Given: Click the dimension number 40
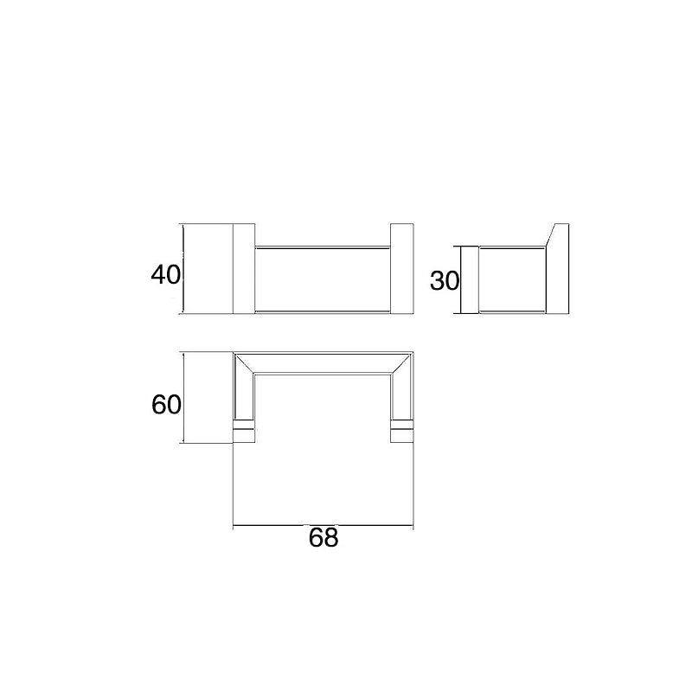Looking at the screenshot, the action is point(165,275).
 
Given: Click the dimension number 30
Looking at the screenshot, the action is point(445,280).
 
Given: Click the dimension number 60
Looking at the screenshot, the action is point(166,405).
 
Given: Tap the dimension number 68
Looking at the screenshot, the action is point(324,537).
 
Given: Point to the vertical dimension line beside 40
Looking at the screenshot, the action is point(183,269).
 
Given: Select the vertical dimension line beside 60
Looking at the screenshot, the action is point(183,397).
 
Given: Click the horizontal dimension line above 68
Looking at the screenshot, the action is point(323,525).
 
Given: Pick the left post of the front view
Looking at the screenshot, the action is point(244,269).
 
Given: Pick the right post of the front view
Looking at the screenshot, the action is point(402,269).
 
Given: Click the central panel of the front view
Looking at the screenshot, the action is point(323,279).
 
